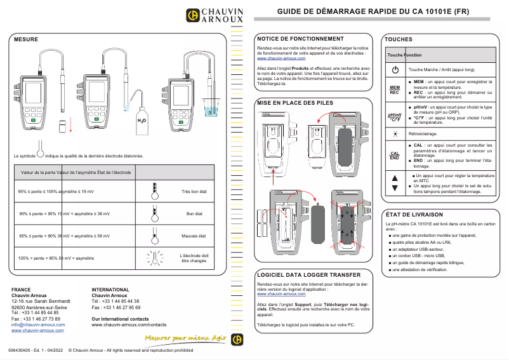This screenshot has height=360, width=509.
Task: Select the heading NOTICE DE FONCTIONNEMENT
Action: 300,39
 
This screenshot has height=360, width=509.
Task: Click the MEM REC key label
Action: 395,90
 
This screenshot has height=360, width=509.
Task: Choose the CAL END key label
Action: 395,156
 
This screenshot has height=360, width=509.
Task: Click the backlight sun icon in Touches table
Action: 395,134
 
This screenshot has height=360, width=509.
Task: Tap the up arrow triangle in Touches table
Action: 395,177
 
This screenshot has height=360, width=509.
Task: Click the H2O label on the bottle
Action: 142,119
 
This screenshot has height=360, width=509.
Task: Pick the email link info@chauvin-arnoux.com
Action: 38,324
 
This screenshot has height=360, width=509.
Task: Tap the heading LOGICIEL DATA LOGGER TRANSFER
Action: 308,275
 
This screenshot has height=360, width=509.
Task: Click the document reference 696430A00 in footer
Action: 22,350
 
